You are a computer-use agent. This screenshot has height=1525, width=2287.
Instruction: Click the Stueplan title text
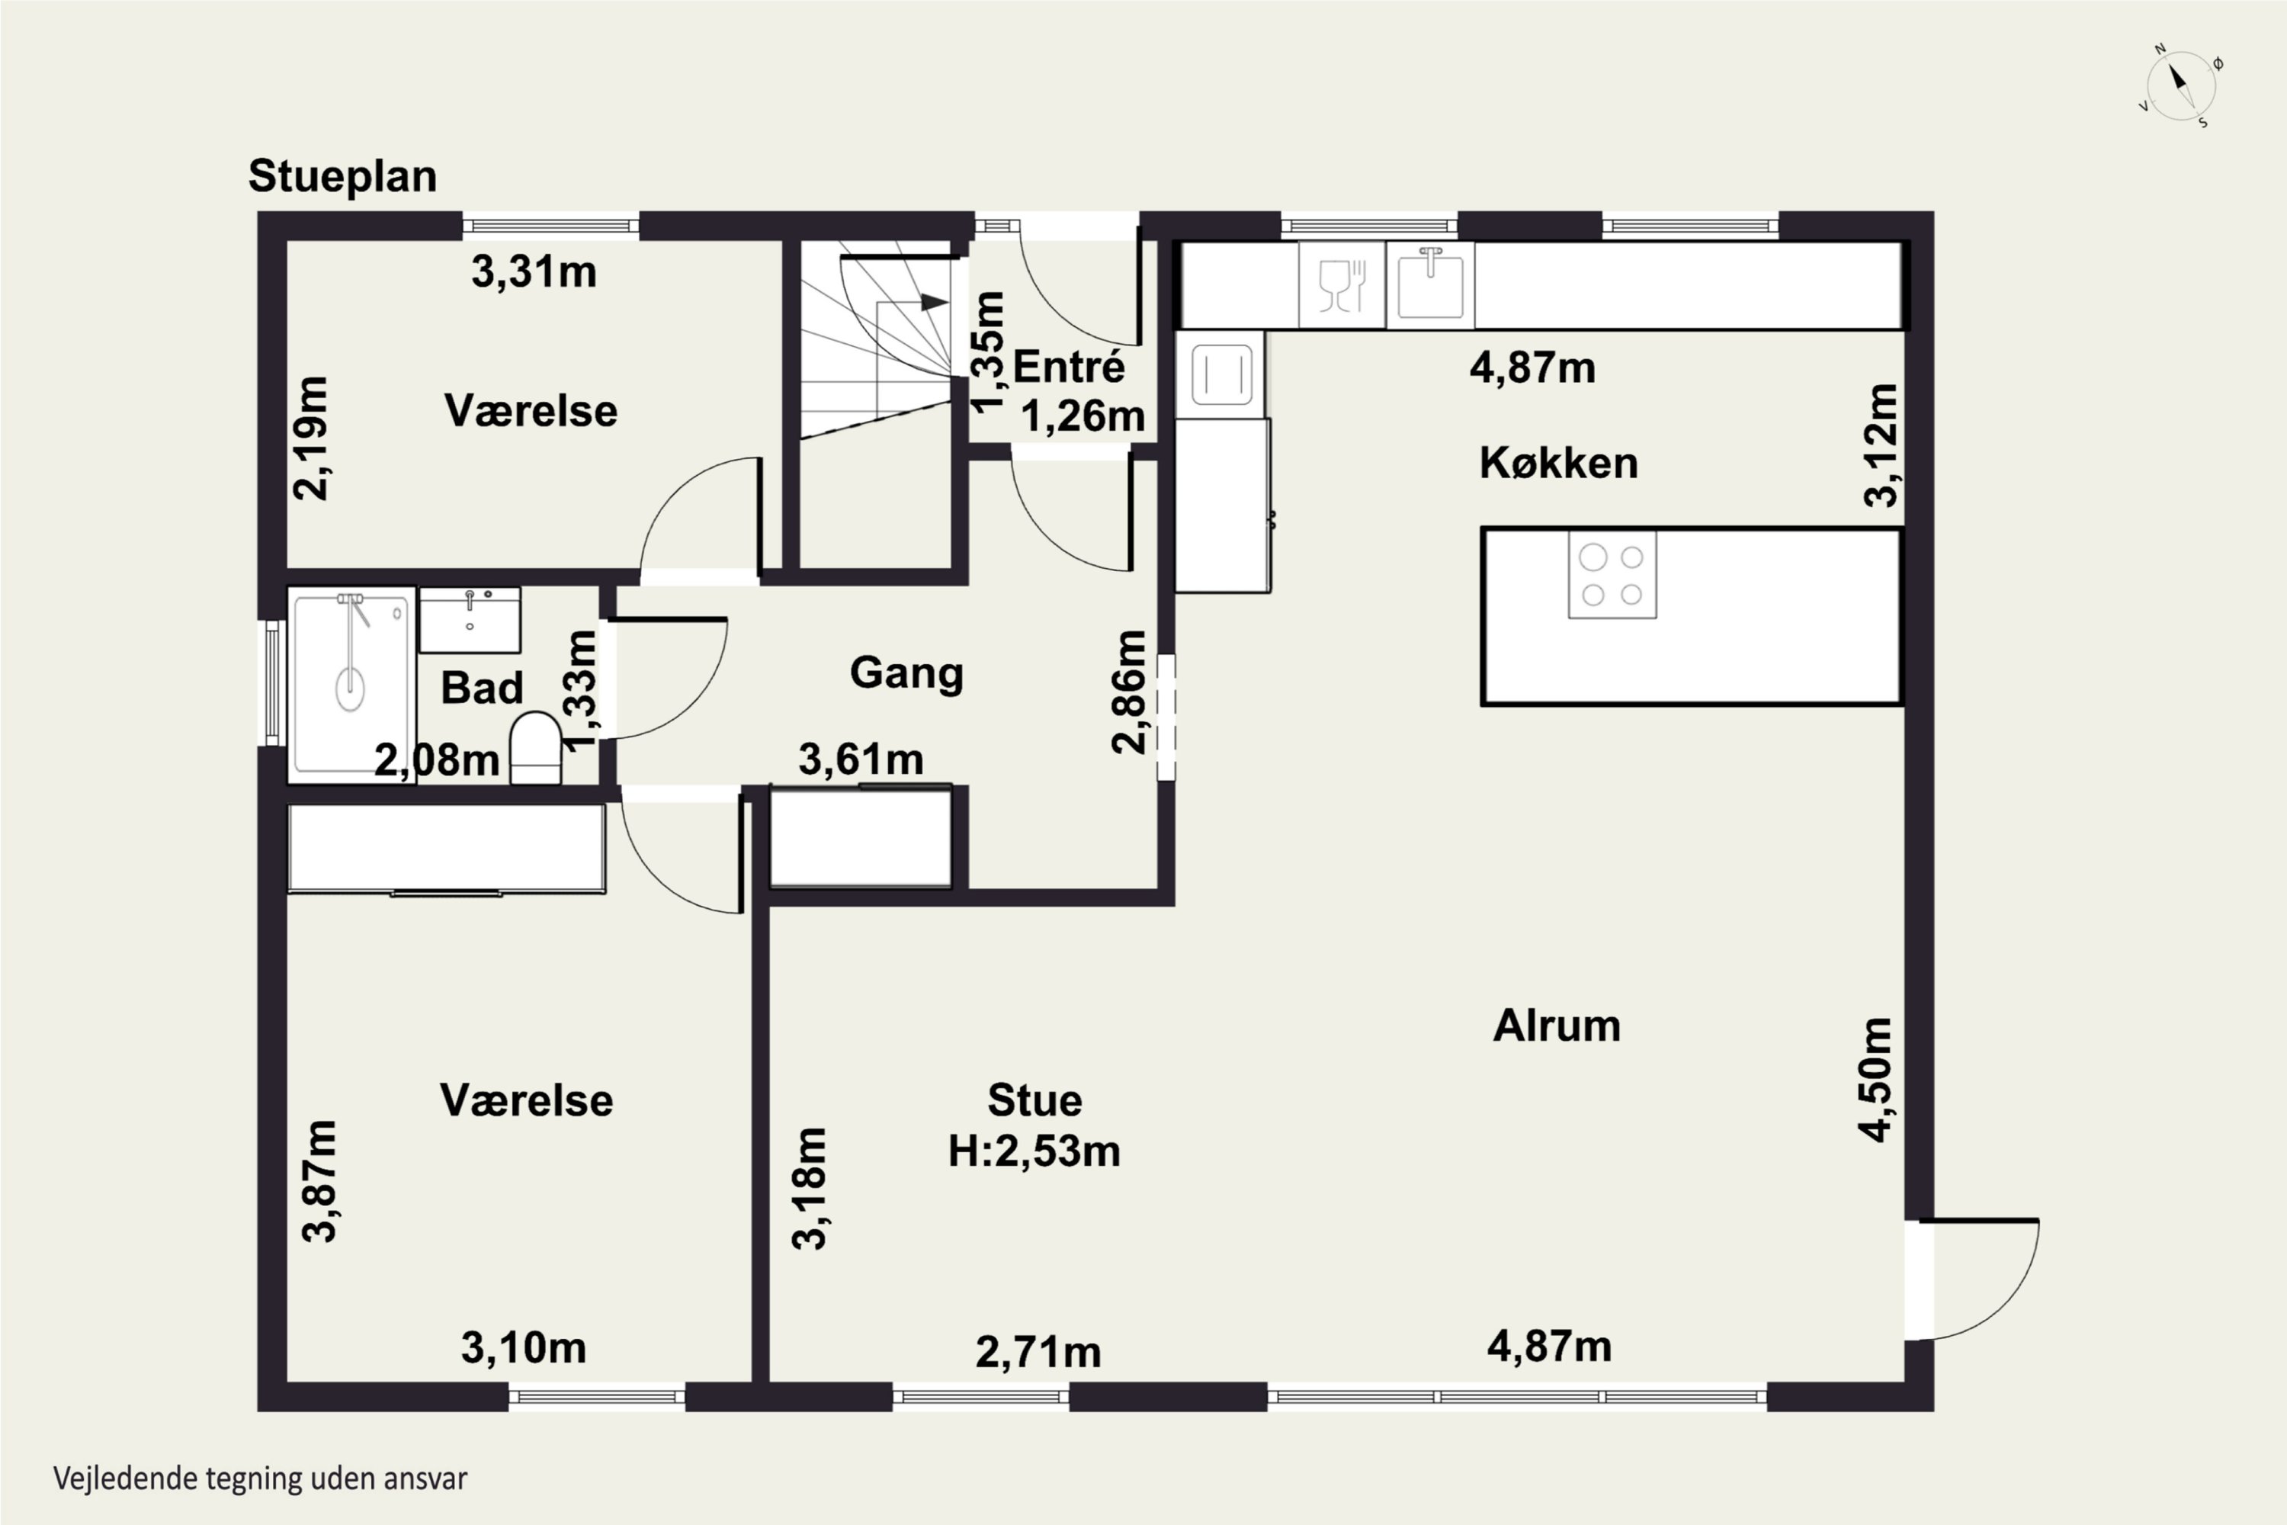(x=342, y=177)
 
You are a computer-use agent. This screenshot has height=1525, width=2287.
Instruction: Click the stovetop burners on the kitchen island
(x=1612, y=575)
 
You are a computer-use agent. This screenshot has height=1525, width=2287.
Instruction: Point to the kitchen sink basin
(x=1430, y=285)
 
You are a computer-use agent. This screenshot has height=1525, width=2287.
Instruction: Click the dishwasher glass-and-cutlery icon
(x=1342, y=285)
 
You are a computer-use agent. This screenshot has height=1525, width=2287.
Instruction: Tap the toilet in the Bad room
(x=536, y=747)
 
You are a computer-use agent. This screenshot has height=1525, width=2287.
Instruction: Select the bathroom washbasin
(x=470, y=619)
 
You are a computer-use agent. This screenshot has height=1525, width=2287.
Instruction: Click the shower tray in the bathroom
(x=352, y=685)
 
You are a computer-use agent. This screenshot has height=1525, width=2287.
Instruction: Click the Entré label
(x=1069, y=367)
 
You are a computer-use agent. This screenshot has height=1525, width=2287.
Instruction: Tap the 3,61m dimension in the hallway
(x=861, y=759)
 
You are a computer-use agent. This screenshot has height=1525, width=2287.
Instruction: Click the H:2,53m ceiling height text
(x=1034, y=1151)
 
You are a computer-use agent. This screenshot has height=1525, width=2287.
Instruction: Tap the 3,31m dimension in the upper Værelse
(x=534, y=271)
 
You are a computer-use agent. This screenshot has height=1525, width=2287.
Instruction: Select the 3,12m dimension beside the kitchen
(x=1881, y=445)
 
